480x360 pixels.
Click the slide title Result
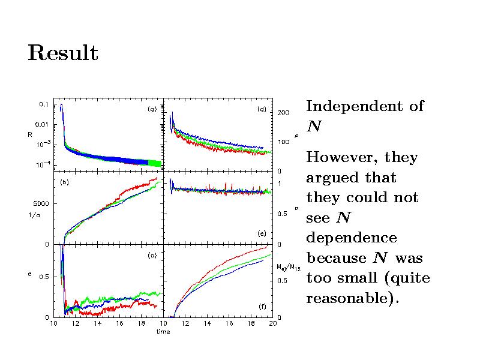pos(62,53)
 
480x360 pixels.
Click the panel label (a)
pos(152,109)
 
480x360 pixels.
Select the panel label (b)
pos(63,182)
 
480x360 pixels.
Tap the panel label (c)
pos(152,256)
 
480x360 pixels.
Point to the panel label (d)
pos(262,109)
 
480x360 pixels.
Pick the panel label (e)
pos(262,233)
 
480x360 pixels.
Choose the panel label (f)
pos(262,307)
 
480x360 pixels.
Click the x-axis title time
pos(163,332)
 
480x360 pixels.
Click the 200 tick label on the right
pos(283,113)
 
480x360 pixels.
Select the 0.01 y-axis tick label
pos(41,124)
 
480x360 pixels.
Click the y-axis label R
pos(29,134)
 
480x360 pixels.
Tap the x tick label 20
pos(272,324)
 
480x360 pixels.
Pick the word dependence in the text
pos(352,238)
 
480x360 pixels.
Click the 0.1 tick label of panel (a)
pos(44,104)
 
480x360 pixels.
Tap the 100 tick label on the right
pos(283,142)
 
